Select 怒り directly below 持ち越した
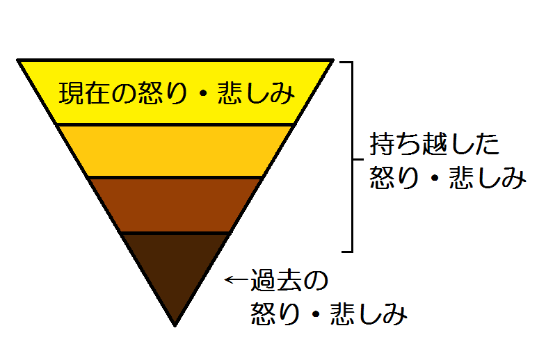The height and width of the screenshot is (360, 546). click(394, 179)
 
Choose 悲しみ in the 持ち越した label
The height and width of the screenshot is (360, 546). click(487, 179)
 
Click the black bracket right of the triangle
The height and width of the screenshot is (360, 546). click(353, 156)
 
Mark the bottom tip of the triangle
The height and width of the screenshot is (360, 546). click(174, 325)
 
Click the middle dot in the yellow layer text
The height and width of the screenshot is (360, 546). click(202, 93)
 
